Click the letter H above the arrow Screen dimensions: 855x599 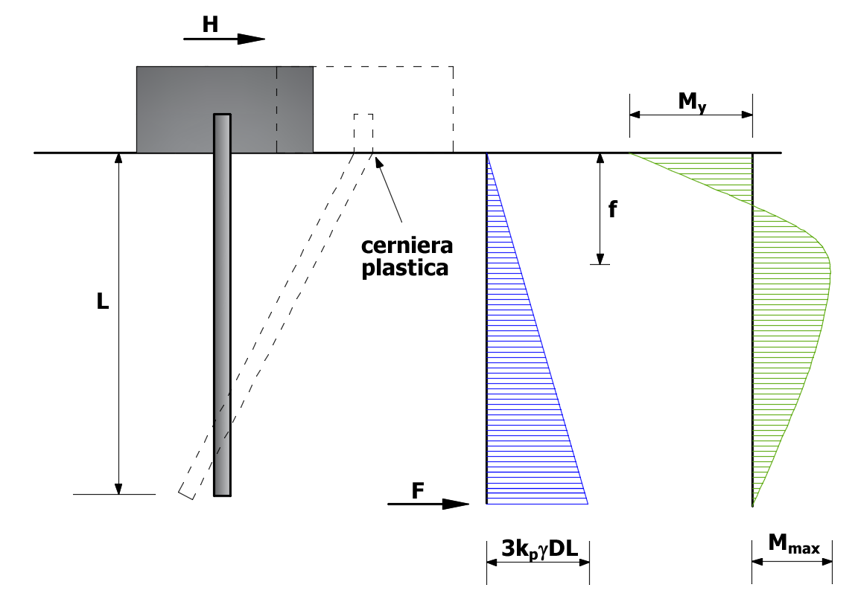coord(210,25)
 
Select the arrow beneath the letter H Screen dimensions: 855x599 coord(224,39)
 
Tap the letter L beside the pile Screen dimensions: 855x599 coord(103,301)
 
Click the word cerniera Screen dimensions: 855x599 coord(407,246)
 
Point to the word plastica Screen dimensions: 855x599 coord(405,268)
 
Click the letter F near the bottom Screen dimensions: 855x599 coord(418,490)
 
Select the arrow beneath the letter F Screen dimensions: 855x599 coord(428,504)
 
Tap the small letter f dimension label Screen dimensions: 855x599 coord(613,209)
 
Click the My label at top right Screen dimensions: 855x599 coord(692,102)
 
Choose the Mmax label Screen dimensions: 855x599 coord(794,544)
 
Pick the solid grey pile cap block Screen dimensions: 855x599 coord(225,109)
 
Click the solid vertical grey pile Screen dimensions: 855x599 coord(222,305)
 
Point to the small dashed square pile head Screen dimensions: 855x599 coord(363,133)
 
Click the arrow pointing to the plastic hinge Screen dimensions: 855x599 coord(388,188)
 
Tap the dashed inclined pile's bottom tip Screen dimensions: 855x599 coord(185,496)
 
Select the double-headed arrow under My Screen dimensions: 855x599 coord(691,115)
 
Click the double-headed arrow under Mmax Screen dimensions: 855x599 coord(792,562)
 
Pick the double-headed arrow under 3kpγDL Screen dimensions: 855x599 coord(538,562)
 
